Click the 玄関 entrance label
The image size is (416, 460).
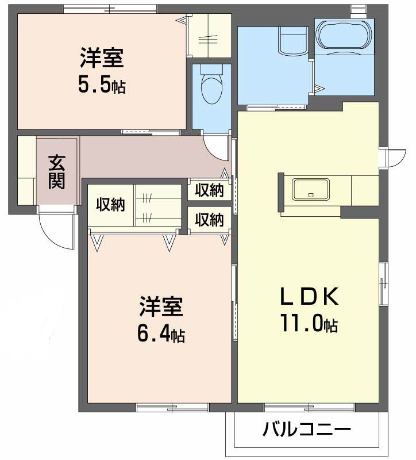point(56,171)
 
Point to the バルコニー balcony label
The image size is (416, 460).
point(307,430)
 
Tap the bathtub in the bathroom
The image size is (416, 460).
point(344,35)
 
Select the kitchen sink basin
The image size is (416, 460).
point(311,189)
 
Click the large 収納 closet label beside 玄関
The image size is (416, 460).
point(110,204)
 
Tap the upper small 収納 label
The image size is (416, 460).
point(209,190)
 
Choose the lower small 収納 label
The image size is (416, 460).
point(209,219)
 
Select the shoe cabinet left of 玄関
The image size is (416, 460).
point(26,170)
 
